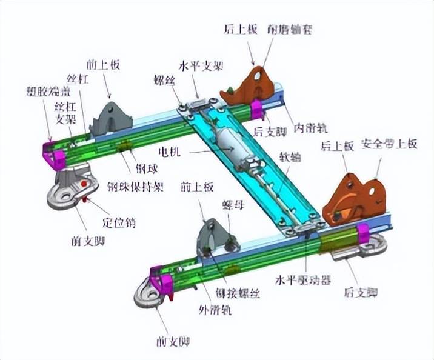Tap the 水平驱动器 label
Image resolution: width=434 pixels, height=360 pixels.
[302, 281]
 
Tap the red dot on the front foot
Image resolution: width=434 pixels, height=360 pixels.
[84, 183]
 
